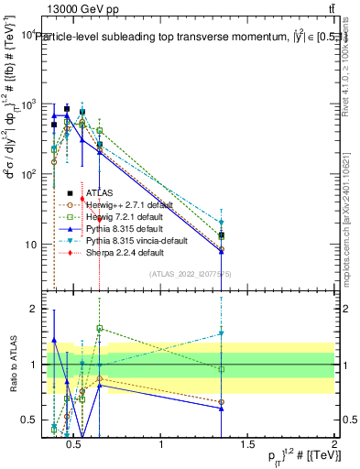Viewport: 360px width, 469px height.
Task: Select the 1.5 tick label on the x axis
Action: pos(247,446)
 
